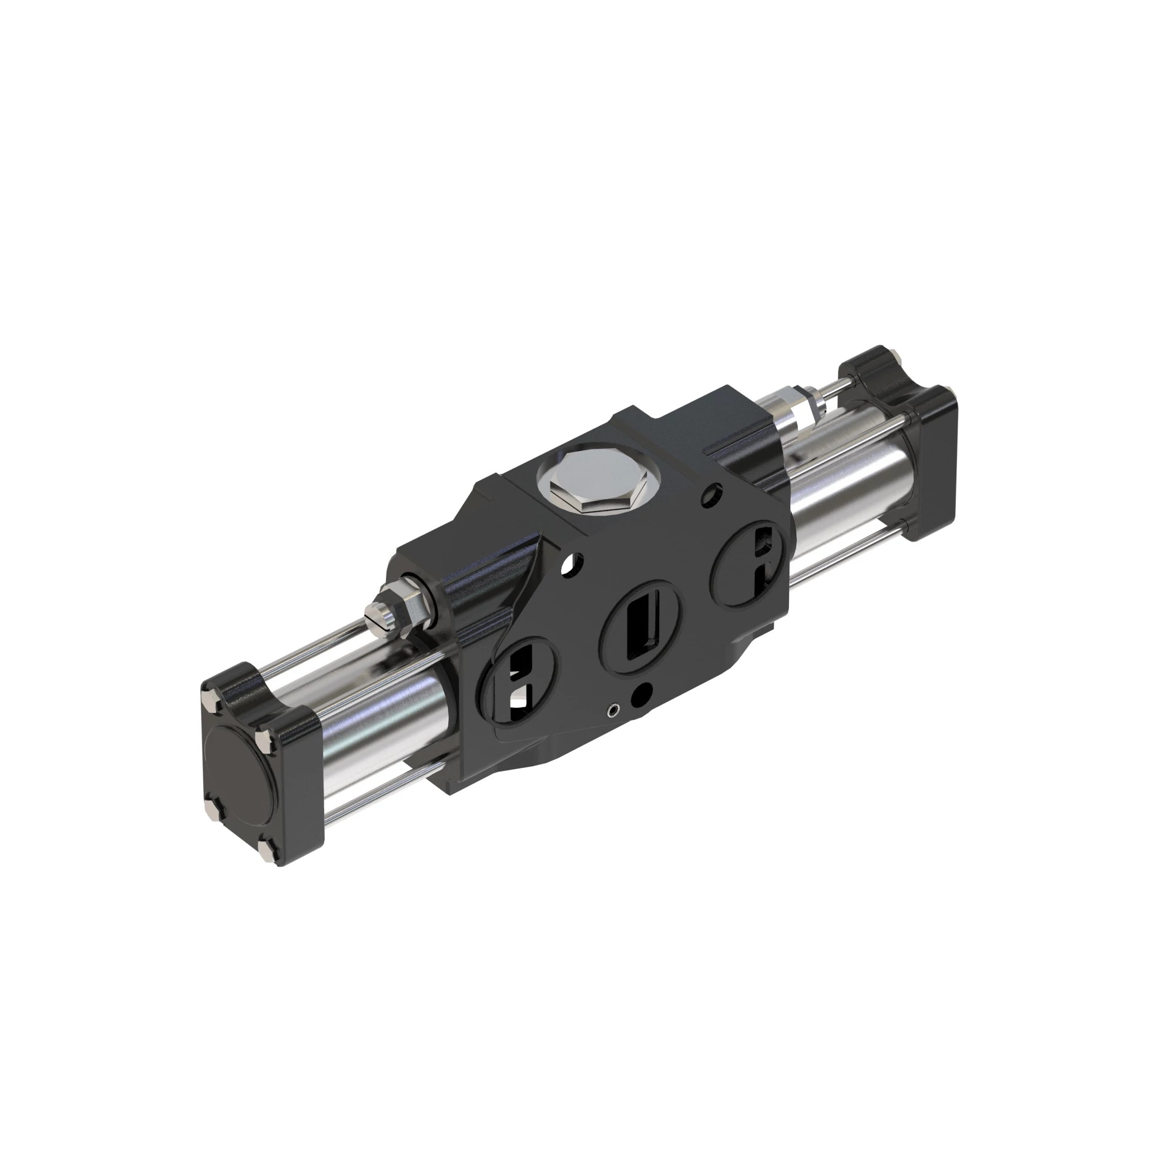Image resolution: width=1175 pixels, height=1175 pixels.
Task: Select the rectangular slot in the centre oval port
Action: pos(640,626)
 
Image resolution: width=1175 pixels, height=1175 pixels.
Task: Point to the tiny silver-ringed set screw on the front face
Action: pos(615,709)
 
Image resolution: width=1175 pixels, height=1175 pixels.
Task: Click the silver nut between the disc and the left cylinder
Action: pos(263,740)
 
